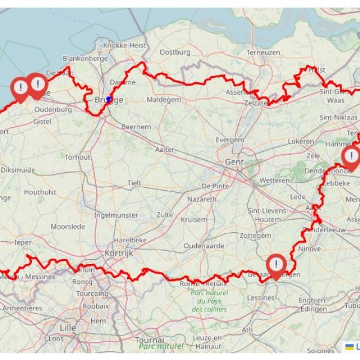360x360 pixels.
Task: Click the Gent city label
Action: point(234,162)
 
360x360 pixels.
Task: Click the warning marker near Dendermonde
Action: point(351,157)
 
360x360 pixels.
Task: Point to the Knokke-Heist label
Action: point(124,45)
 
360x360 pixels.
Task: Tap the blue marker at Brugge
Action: point(109,100)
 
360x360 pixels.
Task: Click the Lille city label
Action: point(68,328)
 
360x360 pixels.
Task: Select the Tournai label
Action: point(149,340)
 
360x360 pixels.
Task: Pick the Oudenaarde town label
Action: point(203,245)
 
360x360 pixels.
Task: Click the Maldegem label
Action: point(164,100)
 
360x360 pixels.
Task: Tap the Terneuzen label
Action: point(263,52)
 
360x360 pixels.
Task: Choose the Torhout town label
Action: point(77,157)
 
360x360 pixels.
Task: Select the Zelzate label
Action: point(256,103)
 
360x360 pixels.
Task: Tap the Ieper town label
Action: point(23,242)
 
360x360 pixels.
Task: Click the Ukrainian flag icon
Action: point(349,346)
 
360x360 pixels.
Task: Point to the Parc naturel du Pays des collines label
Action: point(209,301)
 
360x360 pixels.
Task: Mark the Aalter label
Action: point(164,149)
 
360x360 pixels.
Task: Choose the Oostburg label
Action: point(175,52)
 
